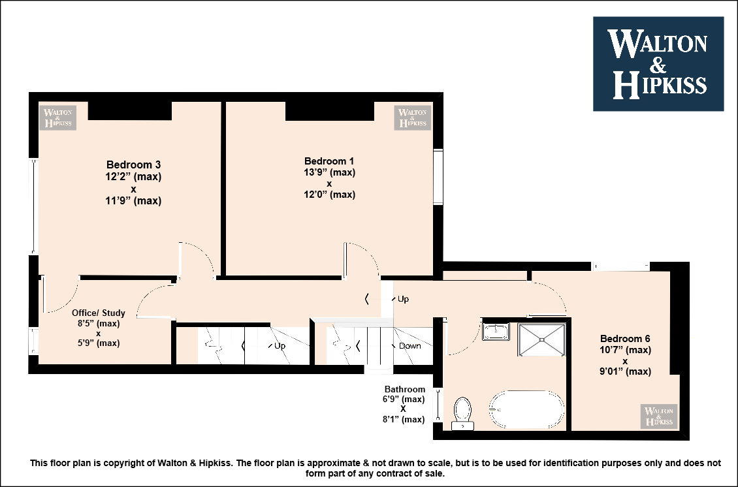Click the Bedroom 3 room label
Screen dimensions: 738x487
point(134,165)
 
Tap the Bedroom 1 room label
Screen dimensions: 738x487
point(329,161)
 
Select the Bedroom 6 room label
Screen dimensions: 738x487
point(625,338)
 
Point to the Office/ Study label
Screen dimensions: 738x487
point(99,313)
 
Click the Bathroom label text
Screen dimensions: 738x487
point(405,389)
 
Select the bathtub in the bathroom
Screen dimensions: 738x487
point(526,409)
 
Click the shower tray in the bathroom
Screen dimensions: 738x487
point(541,339)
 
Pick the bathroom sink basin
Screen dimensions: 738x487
point(496,332)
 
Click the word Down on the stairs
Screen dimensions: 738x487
point(410,346)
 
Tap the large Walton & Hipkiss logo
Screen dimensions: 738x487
point(658,64)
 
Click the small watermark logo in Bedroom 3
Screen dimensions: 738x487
point(57,118)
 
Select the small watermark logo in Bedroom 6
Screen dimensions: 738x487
point(659,416)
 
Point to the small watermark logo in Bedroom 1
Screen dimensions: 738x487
point(413,118)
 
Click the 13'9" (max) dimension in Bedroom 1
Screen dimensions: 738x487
point(329,172)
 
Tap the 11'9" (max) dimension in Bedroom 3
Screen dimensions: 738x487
point(134,201)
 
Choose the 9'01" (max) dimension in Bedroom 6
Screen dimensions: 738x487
point(625,371)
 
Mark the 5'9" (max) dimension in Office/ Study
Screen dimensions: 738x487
point(99,343)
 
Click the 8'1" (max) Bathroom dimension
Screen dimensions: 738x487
point(404,419)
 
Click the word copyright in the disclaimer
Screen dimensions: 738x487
point(124,463)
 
